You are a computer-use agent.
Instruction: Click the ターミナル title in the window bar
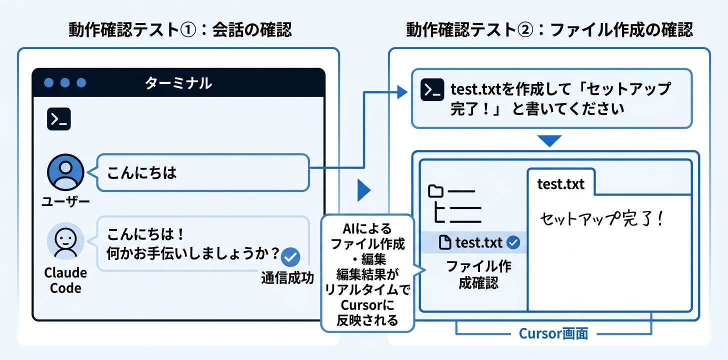(178, 82)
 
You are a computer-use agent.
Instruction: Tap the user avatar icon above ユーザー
(65, 172)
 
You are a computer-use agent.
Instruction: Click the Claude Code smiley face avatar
(65, 241)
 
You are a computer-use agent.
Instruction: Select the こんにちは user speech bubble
(202, 172)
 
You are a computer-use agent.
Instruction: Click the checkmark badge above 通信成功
(290, 257)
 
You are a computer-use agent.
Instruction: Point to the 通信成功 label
(287, 278)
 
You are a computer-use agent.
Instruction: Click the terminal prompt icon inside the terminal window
(58, 119)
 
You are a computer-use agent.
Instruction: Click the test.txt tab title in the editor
(560, 184)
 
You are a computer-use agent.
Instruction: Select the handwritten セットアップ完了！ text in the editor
(602, 219)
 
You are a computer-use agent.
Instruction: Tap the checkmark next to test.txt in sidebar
(513, 243)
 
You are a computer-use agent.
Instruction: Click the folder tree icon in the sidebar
(454, 204)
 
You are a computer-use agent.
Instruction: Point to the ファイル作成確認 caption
(478, 274)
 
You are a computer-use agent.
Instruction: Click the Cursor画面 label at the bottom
(553, 333)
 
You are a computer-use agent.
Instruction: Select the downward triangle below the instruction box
(550, 140)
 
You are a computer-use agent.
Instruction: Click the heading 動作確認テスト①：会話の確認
(180, 30)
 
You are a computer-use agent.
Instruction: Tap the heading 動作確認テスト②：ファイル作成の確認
(549, 30)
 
